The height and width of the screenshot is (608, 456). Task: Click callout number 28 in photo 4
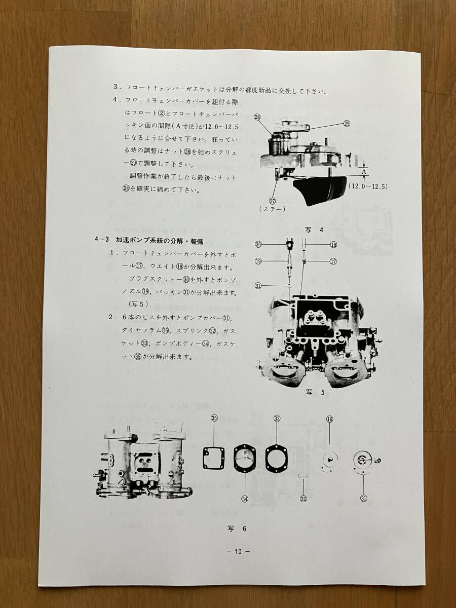(257, 117)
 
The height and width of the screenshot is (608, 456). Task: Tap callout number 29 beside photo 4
(347, 124)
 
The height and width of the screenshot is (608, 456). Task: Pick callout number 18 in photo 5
(333, 244)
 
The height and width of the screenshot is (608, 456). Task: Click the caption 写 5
(315, 392)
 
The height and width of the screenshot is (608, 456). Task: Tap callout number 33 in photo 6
(277, 419)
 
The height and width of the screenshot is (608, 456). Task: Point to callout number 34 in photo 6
(245, 499)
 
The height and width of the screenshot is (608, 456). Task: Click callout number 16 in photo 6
(330, 419)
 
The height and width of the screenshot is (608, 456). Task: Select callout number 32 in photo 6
(303, 499)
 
